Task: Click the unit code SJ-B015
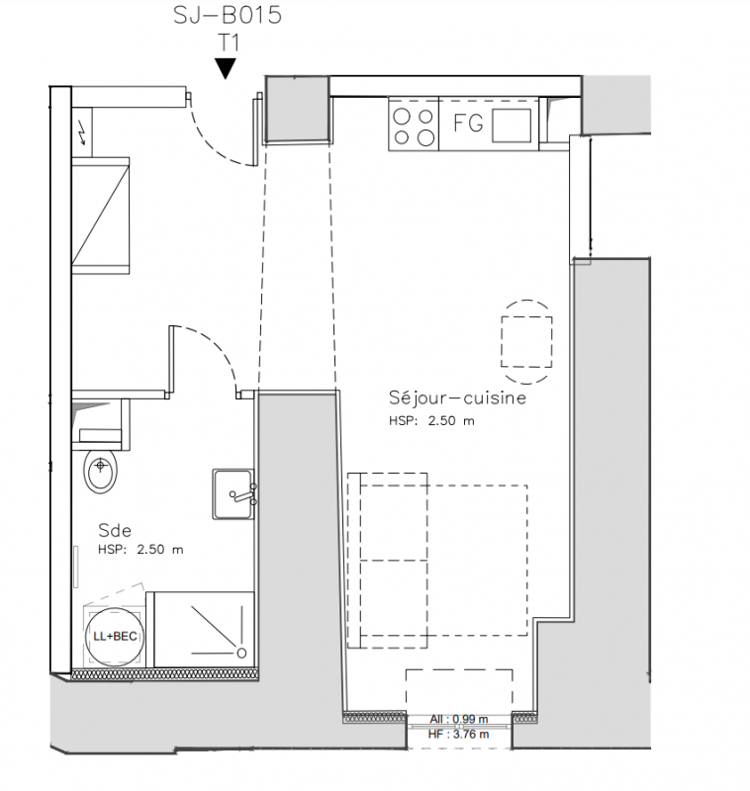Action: pyautogui.click(x=228, y=15)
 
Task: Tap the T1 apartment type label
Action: pyautogui.click(x=229, y=43)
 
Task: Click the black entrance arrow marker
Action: pyautogui.click(x=226, y=68)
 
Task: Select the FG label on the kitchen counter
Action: pyautogui.click(x=468, y=123)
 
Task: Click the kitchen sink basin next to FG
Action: pyautogui.click(x=512, y=126)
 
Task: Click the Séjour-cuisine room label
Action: pyautogui.click(x=457, y=397)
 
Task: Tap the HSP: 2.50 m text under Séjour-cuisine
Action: pyautogui.click(x=431, y=421)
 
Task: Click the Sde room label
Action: pyautogui.click(x=115, y=530)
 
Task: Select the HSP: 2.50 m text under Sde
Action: pyautogui.click(x=141, y=550)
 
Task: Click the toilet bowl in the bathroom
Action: pyautogui.click(x=101, y=471)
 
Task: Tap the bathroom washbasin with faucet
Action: pyautogui.click(x=234, y=493)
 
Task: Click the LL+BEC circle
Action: pyautogui.click(x=114, y=636)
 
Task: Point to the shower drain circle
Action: pyautogui.click(x=241, y=654)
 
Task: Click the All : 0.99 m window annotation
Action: pyautogui.click(x=459, y=719)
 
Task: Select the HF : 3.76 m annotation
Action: pyautogui.click(x=458, y=734)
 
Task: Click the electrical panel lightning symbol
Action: pyautogui.click(x=83, y=134)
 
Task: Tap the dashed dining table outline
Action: pyautogui.click(x=526, y=342)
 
